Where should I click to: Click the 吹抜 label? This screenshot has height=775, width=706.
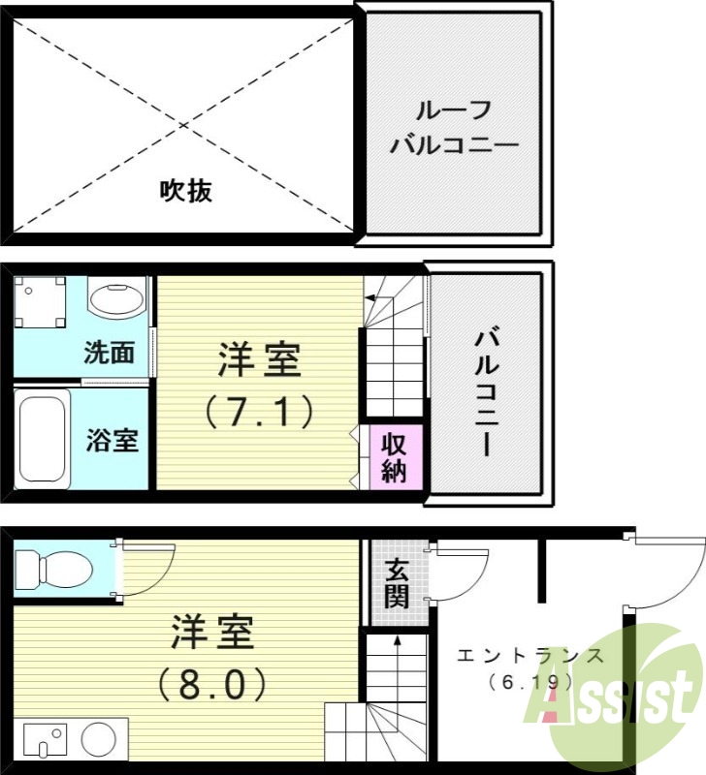click(x=186, y=192)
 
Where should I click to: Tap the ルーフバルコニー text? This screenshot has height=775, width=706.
click(x=454, y=129)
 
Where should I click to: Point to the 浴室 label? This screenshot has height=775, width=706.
click(x=112, y=440)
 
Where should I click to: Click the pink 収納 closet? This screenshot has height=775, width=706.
click(x=393, y=456)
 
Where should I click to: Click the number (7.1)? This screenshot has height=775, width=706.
click(x=259, y=413)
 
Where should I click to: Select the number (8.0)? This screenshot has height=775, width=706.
click(x=212, y=685)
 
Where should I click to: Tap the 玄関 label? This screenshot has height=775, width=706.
click(x=396, y=583)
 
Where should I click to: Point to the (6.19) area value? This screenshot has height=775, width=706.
click(x=531, y=683)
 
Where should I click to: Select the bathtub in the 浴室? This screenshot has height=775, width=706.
click(x=44, y=439)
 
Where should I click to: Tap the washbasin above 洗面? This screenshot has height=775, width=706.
click(x=116, y=296)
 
